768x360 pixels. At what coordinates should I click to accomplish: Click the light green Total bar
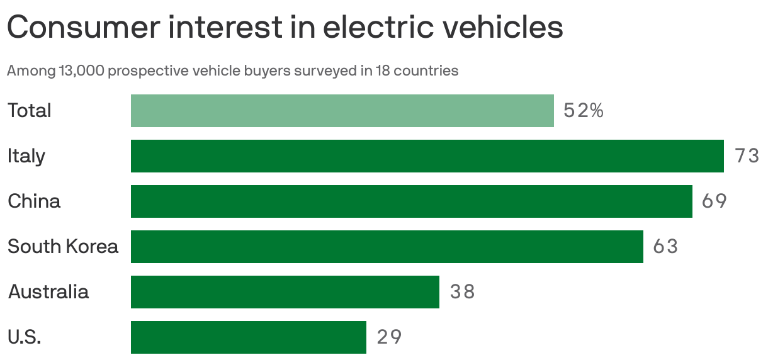pos(342,111)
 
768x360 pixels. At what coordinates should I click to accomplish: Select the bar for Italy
pos(427,156)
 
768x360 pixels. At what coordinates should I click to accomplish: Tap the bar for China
pos(411,201)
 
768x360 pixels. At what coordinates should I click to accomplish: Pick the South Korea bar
pos(387,247)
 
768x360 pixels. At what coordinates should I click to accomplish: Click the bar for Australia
pos(285,292)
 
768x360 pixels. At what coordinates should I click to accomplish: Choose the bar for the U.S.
pos(248,337)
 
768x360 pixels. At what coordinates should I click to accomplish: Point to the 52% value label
pos(584,111)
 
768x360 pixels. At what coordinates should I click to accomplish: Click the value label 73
pos(747,156)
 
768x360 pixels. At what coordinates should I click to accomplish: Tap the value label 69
pos(714,201)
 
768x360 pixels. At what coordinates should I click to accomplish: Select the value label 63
pos(665,247)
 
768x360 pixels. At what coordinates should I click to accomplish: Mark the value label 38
pos(462,292)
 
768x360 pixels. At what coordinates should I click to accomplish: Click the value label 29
pos(389,337)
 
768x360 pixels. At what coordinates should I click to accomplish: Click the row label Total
pos(30,111)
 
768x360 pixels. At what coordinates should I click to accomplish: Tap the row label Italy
pos(26,156)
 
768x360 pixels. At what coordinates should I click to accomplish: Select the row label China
pos(34,201)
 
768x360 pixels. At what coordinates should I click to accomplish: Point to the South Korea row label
pos(63,247)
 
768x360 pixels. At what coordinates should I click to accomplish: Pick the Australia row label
pos(48,292)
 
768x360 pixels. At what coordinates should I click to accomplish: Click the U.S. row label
pos(25,337)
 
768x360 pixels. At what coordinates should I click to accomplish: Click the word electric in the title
pos(354,28)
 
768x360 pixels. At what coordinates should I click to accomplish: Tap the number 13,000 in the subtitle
pos(81,70)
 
